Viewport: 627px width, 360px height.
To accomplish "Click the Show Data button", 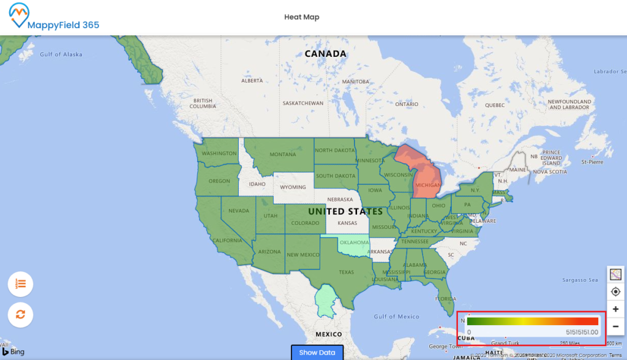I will tap(317, 353).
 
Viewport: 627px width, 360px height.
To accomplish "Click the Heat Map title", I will tap(301, 17).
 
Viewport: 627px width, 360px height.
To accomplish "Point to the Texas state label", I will tap(347, 272).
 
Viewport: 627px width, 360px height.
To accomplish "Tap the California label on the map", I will tap(228, 241).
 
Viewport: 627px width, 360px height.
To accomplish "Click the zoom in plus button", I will tap(616, 309).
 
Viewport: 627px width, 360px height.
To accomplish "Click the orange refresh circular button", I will tap(20, 315).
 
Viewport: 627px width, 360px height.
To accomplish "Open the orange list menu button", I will tap(20, 283).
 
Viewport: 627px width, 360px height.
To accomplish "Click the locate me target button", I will tap(616, 291).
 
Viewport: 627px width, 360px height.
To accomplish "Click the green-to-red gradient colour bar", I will tap(532, 321).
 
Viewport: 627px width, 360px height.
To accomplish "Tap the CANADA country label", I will tap(326, 54).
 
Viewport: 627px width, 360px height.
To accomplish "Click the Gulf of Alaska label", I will tap(61, 54).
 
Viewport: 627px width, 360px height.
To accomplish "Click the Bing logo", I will tap(17, 351).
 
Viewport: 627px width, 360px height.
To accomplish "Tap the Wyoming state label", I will tap(293, 187).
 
